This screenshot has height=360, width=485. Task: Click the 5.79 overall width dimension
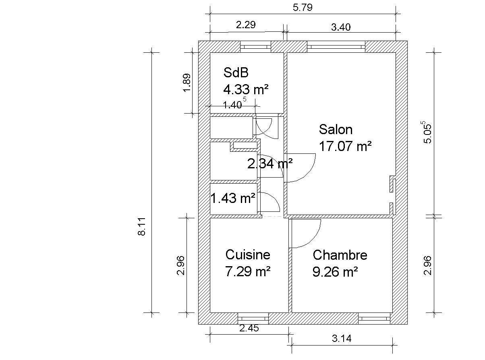(x=303, y=7)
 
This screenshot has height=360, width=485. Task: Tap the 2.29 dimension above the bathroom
(x=246, y=25)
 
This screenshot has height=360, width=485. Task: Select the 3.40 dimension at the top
(x=341, y=27)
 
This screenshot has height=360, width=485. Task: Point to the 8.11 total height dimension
(x=142, y=226)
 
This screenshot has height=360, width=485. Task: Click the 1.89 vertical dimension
(x=187, y=83)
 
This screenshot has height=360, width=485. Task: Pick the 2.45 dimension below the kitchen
(x=249, y=328)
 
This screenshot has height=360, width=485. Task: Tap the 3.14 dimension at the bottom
(x=342, y=338)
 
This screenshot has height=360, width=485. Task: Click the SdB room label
(x=236, y=72)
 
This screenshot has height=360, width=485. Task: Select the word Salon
(x=336, y=129)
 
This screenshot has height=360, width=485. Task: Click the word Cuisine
(x=248, y=254)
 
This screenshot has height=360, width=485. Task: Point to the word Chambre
(x=340, y=255)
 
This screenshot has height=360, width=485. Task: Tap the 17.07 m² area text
(x=345, y=146)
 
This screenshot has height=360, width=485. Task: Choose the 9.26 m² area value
(x=335, y=272)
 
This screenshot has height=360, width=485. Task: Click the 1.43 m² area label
(x=233, y=198)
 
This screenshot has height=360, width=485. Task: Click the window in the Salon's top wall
(x=336, y=47)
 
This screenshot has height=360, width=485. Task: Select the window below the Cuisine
(x=253, y=319)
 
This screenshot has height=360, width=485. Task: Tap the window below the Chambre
(x=374, y=319)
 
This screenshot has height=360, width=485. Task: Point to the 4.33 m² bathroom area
(x=246, y=89)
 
